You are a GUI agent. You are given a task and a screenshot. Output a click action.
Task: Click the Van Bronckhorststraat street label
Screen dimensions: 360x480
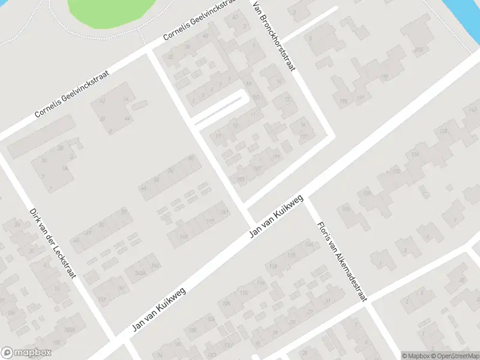coord(274,36)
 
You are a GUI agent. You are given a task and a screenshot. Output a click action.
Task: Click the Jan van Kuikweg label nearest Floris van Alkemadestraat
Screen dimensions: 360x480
coord(278,216)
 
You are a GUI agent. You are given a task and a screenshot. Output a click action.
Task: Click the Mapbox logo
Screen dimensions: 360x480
coord(26,353)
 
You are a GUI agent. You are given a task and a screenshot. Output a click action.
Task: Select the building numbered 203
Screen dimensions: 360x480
coord(418,49)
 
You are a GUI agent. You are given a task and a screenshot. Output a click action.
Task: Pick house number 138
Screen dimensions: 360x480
coord(444,131)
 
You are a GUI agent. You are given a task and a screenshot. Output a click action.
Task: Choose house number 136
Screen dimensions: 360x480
coord(343,101)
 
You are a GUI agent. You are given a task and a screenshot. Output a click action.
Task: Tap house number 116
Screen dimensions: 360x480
coord(274,266)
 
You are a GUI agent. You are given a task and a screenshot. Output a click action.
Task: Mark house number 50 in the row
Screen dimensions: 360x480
coord(157,179)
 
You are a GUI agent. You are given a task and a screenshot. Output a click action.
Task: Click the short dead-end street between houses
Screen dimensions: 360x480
coord(220,108)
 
